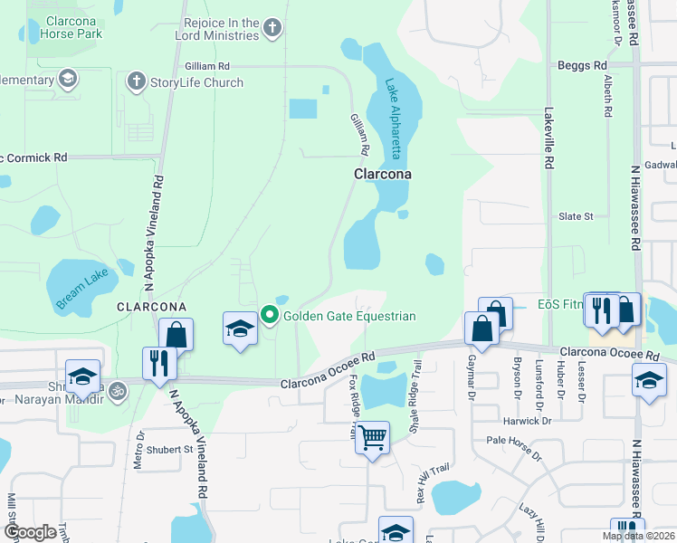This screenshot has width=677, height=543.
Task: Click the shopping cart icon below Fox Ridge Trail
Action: [x=372, y=437]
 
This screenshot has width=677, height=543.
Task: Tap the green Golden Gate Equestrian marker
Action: [x=270, y=315]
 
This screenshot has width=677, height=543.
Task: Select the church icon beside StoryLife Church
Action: [x=137, y=82]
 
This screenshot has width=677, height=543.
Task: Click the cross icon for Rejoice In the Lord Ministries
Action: [x=272, y=28]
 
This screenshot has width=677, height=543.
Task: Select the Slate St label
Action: [x=576, y=216]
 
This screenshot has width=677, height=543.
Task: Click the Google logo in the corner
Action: [x=30, y=532]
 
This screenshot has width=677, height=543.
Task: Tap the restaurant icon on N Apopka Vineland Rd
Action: [x=159, y=364]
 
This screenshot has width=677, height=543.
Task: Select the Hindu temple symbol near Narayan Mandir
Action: [x=119, y=390]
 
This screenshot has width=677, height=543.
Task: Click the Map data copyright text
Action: [x=638, y=536]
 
